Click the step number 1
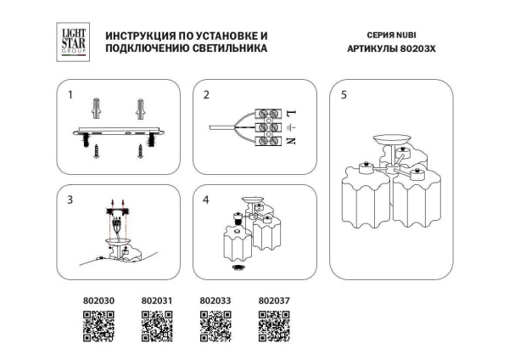click(70, 95)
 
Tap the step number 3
click(70, 200)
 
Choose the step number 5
click(343, 95)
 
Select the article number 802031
click(156, 300)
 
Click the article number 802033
click(215, 300)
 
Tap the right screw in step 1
click(141, 150)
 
